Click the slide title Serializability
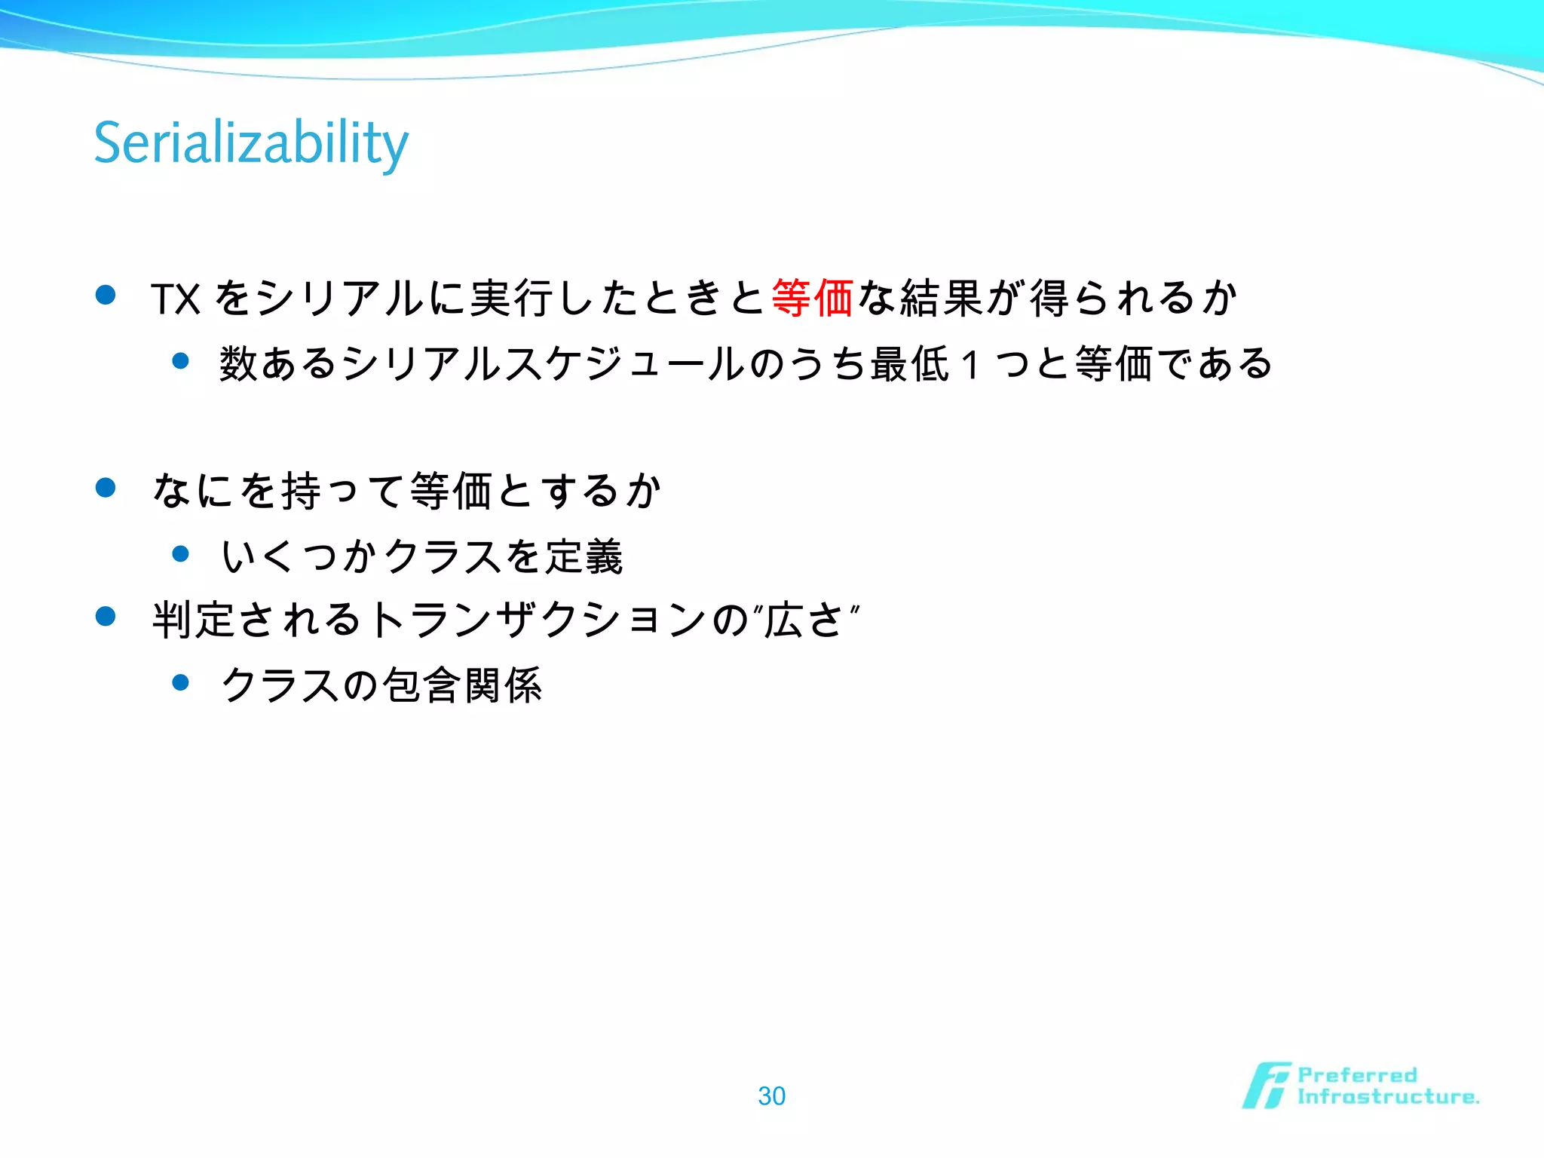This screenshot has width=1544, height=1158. (x=251, y=143)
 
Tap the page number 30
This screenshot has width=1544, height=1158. (x=771, y=1095)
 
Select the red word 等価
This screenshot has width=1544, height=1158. (x=812, y=298)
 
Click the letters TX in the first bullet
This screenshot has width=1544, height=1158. (x=175, y=299)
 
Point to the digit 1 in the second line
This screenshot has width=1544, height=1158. (x=971, y=365)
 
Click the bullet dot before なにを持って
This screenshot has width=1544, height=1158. (x=106, y=488)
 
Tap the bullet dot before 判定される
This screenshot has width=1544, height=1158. (x=106, y=617)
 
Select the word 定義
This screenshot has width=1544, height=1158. (x=584, y=557)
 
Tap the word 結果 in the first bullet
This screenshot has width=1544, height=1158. (x=942, y=298)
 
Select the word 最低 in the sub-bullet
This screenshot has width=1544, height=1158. (x=909, y=364)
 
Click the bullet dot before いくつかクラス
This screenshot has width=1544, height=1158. (x=180, y=554)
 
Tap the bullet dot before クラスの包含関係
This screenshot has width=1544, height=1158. (x=180, y=683)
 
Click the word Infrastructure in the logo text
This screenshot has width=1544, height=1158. (x=1387, y=1097)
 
